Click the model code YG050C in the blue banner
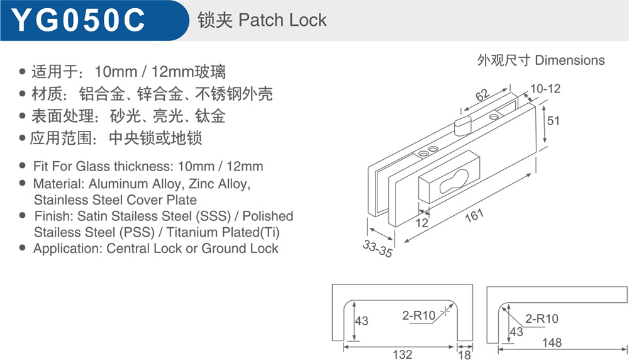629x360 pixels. click(78, 20)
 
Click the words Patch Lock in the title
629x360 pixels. click(282, 20)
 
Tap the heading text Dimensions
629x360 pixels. click(570, 60)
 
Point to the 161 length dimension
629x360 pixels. click(474, 216)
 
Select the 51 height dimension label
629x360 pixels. click(553, 121)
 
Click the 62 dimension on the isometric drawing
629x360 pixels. click(482, 94)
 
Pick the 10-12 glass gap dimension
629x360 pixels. click(545, 88)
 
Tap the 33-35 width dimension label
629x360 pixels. click(377, 249)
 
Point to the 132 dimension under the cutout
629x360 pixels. click(403, 354)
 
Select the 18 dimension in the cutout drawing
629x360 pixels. click(465, 355)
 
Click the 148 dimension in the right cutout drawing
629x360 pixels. click(552, 342)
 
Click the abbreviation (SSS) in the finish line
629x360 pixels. click(213, 216)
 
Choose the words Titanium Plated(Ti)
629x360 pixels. click(223, 232)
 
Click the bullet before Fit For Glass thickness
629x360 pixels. click(23, 166)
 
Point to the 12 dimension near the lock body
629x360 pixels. click(421, 223)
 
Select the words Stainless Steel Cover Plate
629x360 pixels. click(116, 200)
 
